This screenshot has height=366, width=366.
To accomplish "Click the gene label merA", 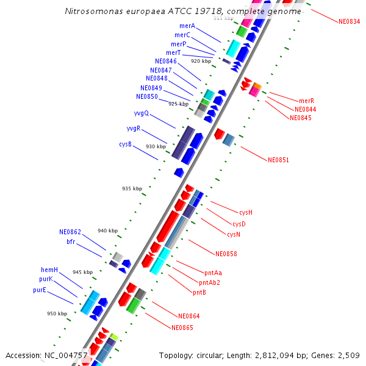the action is (x=187, y=26).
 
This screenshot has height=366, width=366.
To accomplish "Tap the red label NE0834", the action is (x=349, y=21).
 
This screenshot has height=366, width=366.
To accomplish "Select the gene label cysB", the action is (x=125, y=144).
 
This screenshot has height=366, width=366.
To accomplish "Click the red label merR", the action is (x=306, y=101).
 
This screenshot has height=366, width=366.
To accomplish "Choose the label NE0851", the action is (x=278, y=160).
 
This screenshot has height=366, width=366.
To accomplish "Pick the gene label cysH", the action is (x=246, y=212).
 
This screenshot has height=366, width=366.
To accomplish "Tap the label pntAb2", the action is (x=209, y=282).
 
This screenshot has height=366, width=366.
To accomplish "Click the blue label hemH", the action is (x=49, y=270).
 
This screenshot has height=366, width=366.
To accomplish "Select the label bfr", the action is (x=71, y=242).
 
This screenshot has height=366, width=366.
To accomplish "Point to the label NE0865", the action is (x=182, y=328).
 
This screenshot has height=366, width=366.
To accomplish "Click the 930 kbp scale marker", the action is (x=156, y=146).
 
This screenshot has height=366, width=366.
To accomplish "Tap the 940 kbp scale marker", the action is (x=107, y=231).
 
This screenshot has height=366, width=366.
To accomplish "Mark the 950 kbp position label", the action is (x=57, y=314).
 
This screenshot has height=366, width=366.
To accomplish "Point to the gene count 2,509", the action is (x=348, y=355).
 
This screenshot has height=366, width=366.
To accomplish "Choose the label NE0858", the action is (x=226, y=253).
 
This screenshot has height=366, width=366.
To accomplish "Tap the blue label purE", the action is (x=40, y=290).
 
